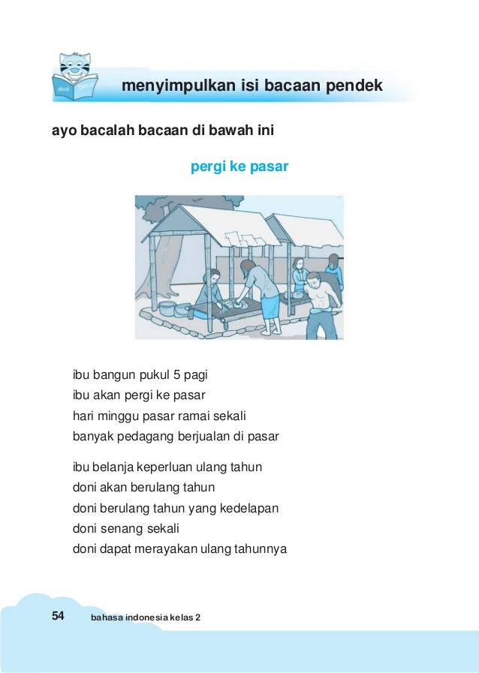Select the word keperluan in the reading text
[x=175, y=467]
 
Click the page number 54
[x=58, y=616]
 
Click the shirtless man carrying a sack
[x=320, y=300]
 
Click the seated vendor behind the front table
[x=211, y=291]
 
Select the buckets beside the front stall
[x=173, y=308]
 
